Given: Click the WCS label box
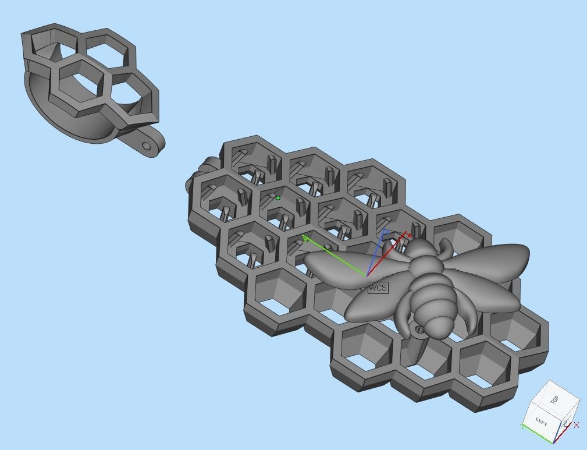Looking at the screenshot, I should point(378,288).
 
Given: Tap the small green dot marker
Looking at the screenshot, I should point(278,198).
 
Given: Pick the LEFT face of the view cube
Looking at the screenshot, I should point(541,420).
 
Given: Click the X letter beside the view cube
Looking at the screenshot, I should point(577,425).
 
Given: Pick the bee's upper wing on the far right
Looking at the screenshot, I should point(494,259).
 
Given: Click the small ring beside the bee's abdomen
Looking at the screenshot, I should point(419,330).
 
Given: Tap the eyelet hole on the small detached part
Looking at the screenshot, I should point(146,146).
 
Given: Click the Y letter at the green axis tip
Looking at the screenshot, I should point(305,238).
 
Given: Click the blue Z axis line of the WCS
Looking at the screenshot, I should point(376,253).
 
